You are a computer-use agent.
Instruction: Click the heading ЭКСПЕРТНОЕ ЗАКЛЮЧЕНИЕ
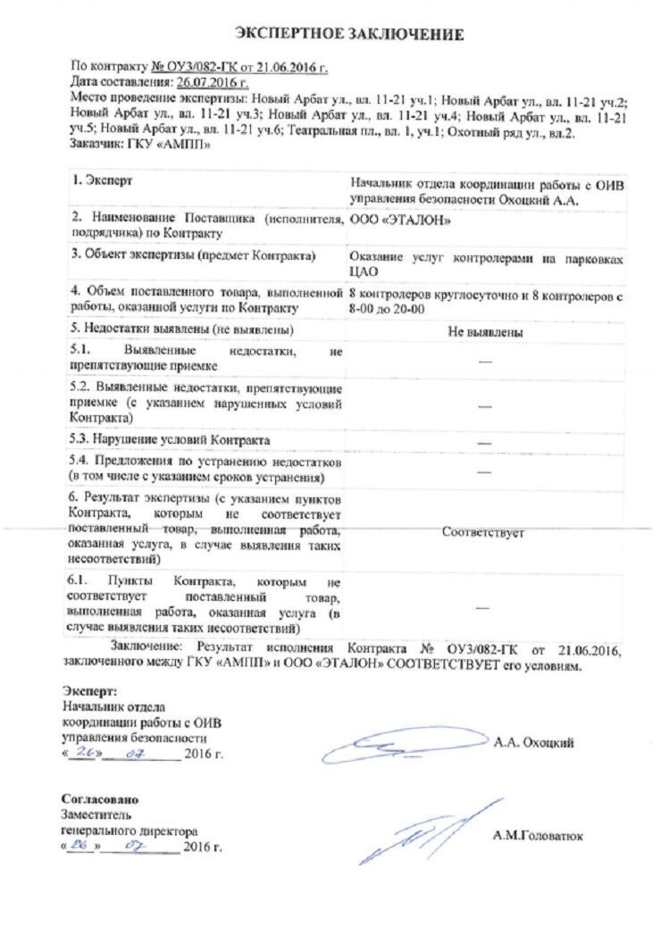tap(349, 35)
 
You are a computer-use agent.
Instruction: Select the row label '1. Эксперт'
tap(103, 181)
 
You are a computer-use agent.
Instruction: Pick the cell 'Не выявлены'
tap(485, 332)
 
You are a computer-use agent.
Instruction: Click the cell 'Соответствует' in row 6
tap(483, 532)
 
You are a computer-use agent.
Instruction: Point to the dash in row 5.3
tap(485, 441)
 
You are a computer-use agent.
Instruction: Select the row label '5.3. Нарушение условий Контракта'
tap(170, 440)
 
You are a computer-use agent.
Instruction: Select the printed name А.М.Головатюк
tap(537, 836)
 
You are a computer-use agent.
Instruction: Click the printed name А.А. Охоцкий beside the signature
tap(534, 742)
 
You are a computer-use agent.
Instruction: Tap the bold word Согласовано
tap(99, 799)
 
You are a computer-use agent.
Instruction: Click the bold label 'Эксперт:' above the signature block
tap(89, 691)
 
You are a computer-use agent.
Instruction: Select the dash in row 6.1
tap(483, 607)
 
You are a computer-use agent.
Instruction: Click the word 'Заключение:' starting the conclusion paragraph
tap(148, 646)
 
